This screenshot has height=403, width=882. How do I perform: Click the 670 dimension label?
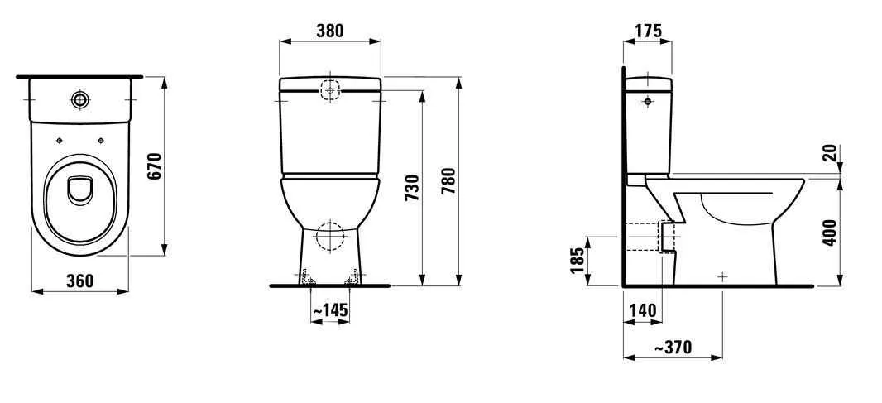tap(156, 166)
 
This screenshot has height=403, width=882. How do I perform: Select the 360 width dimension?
tap(80, 281)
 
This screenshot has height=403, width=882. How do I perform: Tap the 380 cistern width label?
tap(329, 31)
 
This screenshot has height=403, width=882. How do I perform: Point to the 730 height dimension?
tap(412, 188)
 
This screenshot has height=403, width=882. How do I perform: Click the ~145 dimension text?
tap(329, 310)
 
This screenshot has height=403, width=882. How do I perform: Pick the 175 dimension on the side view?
tap(648, 31)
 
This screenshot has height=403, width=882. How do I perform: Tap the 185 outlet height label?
tap(578, 260)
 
